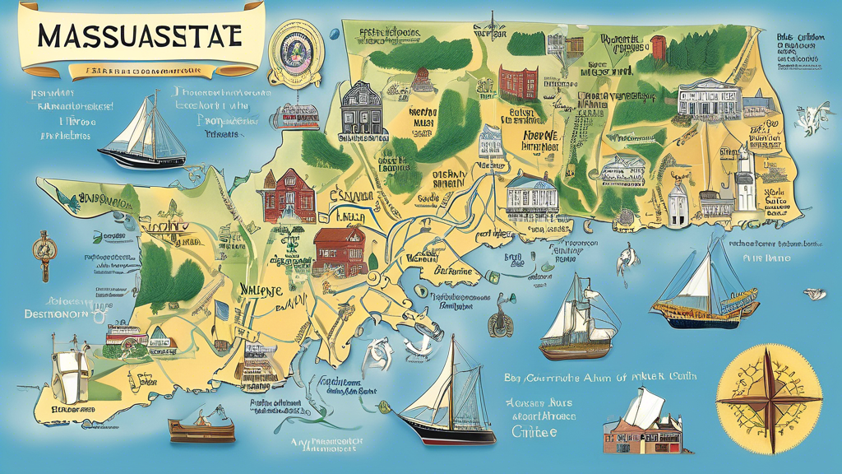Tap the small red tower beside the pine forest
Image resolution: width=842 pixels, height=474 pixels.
tap(658, 47)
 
